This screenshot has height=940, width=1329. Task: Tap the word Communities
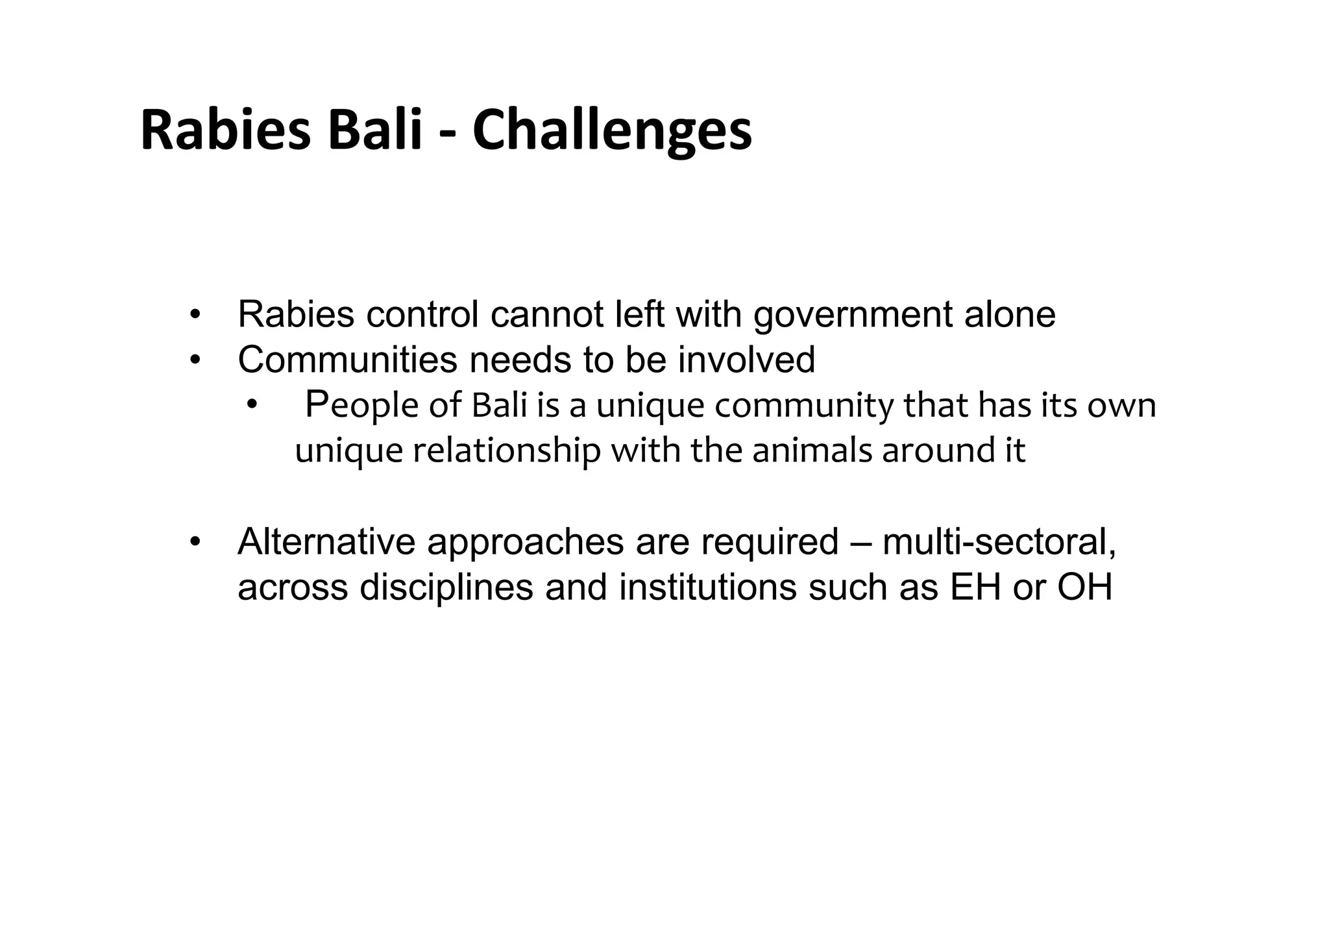point(347,360)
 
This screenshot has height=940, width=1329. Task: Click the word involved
point(746,360)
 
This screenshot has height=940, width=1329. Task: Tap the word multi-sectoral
point(999,542)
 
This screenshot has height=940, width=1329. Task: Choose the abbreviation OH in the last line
point(1085,587)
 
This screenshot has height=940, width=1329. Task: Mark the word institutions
point(707,587)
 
